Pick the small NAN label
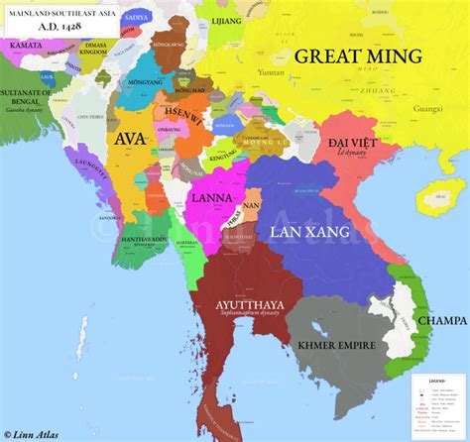(x=251, y=204)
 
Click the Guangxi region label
(x=428, y=105)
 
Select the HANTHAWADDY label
(x=142, y=241)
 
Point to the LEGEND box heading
(x=435, y=381)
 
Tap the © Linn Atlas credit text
(x=43, y=433)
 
